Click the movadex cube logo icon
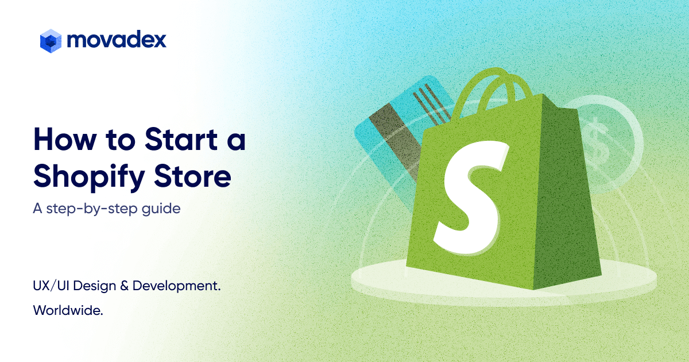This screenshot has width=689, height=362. point(51,40)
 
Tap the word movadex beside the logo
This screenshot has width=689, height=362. point(117,40)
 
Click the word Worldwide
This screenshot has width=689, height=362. point(68,310)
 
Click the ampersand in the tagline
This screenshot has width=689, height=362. point(123,286)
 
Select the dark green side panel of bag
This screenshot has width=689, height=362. point(566,201)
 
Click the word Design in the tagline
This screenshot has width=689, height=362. point(94,286)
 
